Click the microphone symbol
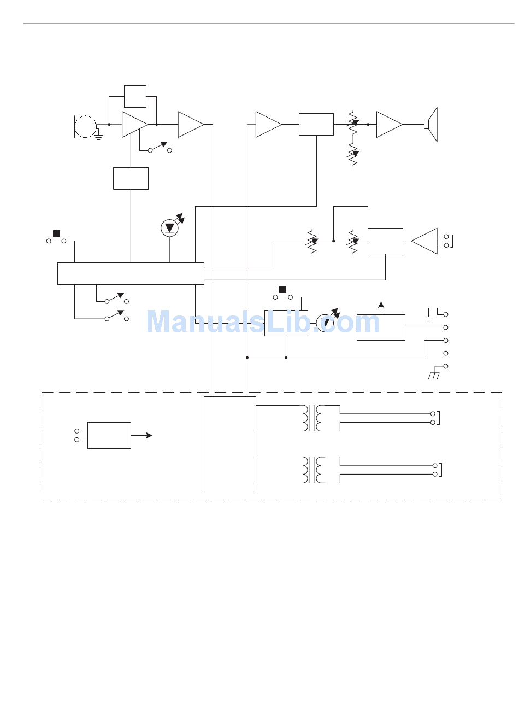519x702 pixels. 85,126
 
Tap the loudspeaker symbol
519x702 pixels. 432,125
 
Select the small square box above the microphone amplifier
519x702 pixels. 135,96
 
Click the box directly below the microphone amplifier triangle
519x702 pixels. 131,178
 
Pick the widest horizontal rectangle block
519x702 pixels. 131,273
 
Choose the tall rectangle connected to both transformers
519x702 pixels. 229,444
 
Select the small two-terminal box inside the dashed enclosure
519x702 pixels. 109,435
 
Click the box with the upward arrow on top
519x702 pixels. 381,327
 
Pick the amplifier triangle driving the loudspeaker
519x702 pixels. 390,125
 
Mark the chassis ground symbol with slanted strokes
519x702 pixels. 434,375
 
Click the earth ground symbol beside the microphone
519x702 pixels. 99,134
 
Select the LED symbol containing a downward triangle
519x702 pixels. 169,228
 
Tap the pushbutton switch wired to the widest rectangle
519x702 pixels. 56,237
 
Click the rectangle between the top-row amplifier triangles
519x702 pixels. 316,125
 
